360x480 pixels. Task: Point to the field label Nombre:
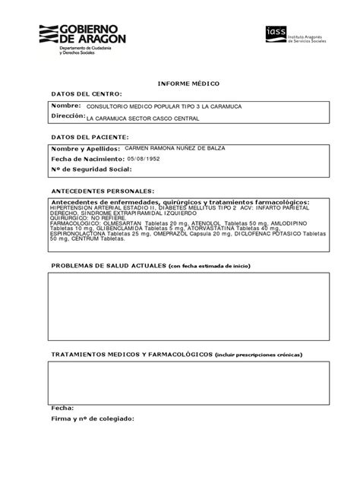point(65,106)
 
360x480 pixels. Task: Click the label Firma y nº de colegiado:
point(92,418)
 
